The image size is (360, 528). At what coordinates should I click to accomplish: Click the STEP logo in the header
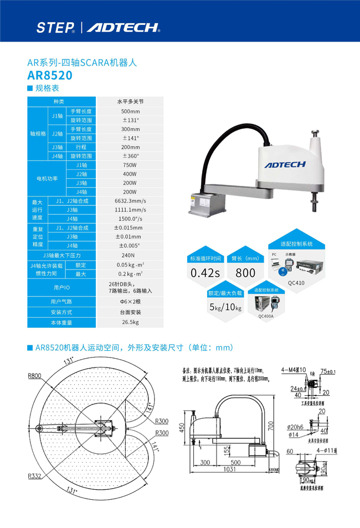[x=55, y=27]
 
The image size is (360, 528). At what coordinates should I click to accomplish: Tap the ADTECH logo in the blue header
[x=123, y=27]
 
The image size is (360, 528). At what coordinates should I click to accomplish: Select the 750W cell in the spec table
[x=130, y=165]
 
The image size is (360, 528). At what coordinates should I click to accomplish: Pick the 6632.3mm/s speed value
[x=130, y=201]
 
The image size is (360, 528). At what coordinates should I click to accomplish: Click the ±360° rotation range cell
[x=130, y=156]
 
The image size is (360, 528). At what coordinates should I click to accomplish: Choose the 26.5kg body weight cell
[x=130, y=322]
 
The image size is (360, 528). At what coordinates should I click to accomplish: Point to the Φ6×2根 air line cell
[x=129, y=302]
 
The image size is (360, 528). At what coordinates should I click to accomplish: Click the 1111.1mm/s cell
[x=130, y=210]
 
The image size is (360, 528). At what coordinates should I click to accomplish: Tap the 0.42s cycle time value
[x=205, y=273]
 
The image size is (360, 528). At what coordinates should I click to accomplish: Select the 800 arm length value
[x=245, y=273]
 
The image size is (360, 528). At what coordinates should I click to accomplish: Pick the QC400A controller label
[x=266, y=317]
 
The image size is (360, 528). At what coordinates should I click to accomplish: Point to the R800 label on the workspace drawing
[x=34, y=376]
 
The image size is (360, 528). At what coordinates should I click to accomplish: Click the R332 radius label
[x=34, y=475]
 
